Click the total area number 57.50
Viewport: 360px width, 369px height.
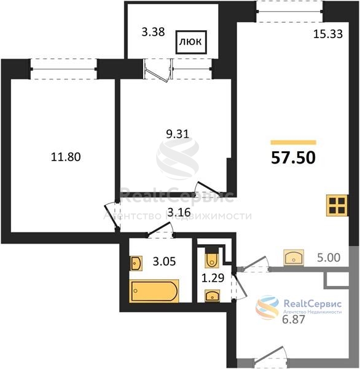tap(293, 157)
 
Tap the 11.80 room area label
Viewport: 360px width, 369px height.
tap(66, 157)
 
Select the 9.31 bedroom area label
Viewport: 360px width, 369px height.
tap(178, 134)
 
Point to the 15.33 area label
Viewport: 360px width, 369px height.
tap(328, 34)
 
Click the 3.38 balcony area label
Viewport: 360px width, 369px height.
tap(153, 32)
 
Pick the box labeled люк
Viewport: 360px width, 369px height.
tap(191, 42)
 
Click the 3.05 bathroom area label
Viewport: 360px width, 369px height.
tap(164, 261)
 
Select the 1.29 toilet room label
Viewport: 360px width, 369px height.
tap(213, 278)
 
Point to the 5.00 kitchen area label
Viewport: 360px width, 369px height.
tap(329, 258)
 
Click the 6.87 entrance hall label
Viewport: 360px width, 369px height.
tap(294, 320)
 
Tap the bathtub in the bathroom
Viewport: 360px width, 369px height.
tap(154, 291)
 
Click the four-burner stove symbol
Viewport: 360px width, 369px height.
tap(337, 205)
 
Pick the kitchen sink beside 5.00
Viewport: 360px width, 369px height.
tap(294, 258)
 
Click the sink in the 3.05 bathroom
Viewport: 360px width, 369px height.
tap(136, 264)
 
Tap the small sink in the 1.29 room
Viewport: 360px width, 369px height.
tap(213, 296)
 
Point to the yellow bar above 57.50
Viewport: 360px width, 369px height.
tap(294, 143)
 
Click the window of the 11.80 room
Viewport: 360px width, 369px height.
tap(63, 69)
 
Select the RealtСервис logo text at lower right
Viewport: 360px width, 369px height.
tap(313, 304)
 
